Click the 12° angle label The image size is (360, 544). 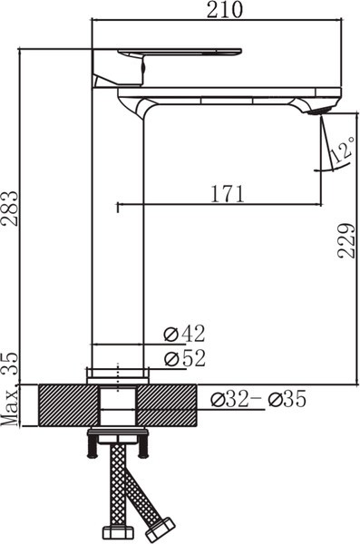(342, 151)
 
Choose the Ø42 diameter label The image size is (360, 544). (184, 333)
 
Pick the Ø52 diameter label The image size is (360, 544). (184, 358)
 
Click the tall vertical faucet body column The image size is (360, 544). (118, 236)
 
